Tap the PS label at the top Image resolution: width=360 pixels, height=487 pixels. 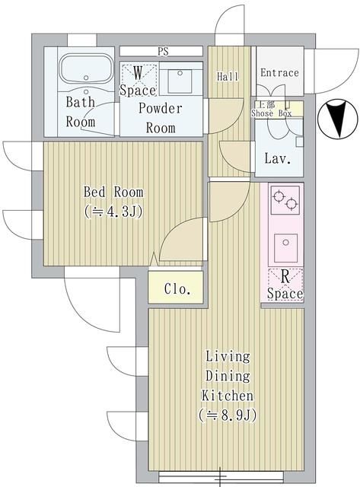click(x=163, y=52)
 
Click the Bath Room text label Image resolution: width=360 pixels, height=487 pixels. click(x=81, y=111)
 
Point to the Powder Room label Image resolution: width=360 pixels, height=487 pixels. click(x=161, y=117)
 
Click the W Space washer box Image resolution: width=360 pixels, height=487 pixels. click(x=138, y=80)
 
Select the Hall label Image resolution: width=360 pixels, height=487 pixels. click(x=228, y=77)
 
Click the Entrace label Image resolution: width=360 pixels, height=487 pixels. click(x=279, y=73)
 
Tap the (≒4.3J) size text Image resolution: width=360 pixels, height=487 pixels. click(x=113, y=212)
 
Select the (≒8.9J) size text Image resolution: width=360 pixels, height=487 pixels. click(x=227, y=415)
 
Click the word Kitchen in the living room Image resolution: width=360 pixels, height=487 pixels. click(x=227, y=396)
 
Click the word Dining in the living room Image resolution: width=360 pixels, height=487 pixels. click(x=227, y=376)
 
